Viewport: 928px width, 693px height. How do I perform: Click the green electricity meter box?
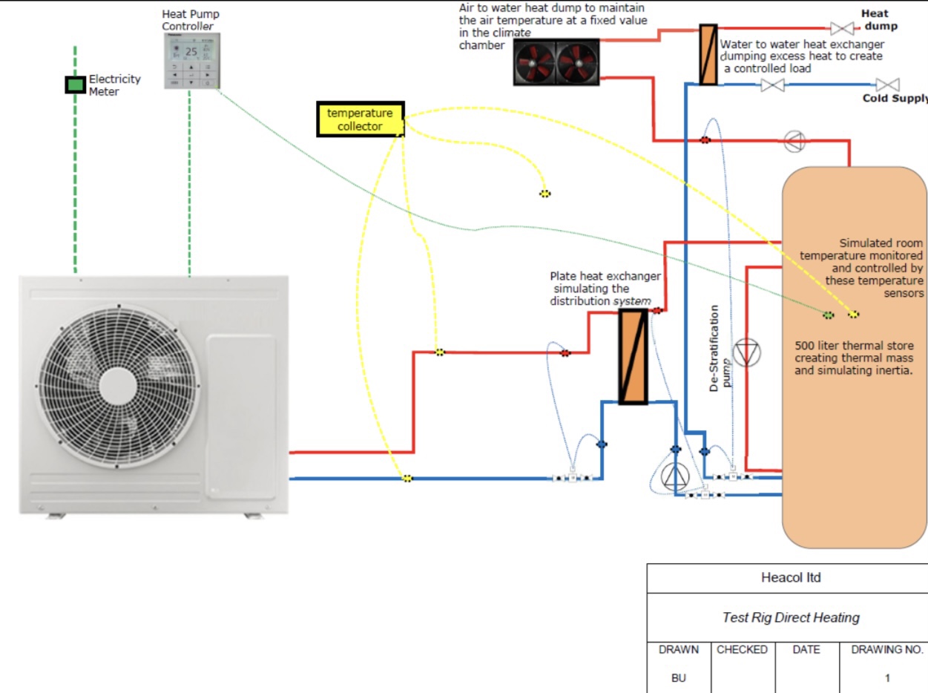[x=75, y=85]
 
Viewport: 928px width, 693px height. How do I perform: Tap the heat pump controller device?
[x=191, y=61]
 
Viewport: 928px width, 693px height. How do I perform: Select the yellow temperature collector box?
[x=361, y=119]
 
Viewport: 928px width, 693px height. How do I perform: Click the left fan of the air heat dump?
[x=535, y=62]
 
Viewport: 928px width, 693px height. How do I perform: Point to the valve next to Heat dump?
[x=841, y=29]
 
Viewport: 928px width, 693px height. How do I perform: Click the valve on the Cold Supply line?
[x=773, y=85]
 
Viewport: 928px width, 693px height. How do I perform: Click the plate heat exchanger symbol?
[x=633, y=357]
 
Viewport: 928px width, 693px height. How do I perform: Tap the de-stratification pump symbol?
[x=746, y=353]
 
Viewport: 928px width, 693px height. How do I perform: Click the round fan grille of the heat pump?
[x=118, y=385]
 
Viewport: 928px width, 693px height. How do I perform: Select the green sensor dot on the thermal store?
[x=829, y=315]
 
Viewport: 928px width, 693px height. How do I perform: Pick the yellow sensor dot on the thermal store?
[x=854, y=315]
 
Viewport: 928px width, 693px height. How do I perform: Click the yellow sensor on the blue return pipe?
[x=407, y=479]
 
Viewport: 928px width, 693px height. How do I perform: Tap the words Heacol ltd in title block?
[x=791, y=578]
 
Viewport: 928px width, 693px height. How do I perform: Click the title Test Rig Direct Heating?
[x=791, y=617]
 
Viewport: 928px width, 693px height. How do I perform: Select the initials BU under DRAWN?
[x=678, y=677]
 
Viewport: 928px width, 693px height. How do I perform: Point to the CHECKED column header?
[x=742, y=650]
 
